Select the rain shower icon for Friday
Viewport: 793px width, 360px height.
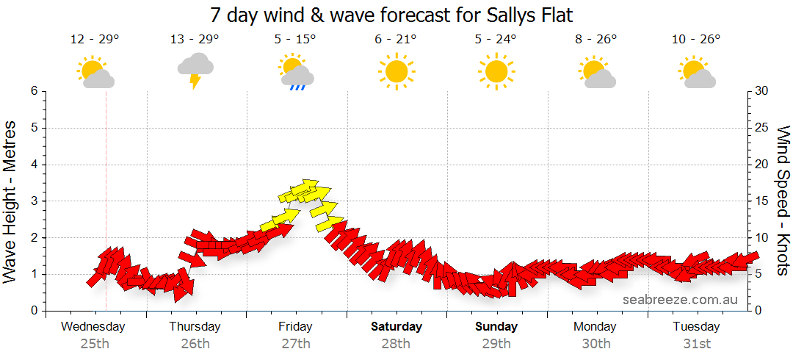(296, 72)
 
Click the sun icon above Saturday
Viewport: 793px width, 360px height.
(396, 71)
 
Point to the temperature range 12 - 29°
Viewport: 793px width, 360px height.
(95, 39)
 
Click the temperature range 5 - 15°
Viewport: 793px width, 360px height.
(295, 39)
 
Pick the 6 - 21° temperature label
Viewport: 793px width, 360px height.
(396, 39)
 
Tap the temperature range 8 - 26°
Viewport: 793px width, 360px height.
(596, 39)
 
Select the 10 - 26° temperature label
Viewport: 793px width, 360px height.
(696, 39)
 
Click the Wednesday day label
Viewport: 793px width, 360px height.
(93, 326)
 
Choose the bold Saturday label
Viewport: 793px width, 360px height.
(396, 326)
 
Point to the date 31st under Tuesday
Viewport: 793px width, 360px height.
(697, 343)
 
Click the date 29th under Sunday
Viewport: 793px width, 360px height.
(496, 343)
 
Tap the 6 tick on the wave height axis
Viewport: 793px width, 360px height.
(33, 91)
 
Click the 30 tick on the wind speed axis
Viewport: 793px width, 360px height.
(762, 91)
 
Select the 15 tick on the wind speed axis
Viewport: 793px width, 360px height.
(762, 201)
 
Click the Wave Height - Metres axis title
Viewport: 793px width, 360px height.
(11, 201)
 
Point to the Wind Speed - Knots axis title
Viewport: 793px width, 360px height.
(783, 201)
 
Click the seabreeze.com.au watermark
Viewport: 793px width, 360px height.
(680, 300)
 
